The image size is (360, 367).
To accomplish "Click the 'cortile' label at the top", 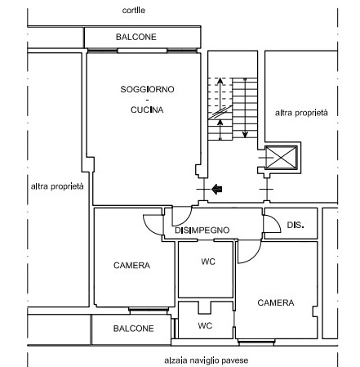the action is (x=133, y=11).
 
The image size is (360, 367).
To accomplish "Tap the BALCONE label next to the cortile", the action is (x=136, y=37).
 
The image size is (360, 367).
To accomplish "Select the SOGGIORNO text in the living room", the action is (x=147, y=89).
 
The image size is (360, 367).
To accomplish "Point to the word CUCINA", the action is (x=147, y=110).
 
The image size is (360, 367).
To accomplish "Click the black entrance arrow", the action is (x=217, y=189).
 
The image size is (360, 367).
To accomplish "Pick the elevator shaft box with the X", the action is (x=281, y=158).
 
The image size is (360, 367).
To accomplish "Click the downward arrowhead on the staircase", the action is (x=245, y=134).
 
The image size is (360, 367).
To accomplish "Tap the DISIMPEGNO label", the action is (x=202, y=230).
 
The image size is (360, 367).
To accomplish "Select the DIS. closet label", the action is (x=296, y=225).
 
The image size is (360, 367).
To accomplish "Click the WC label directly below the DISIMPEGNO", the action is (x=208, y=262).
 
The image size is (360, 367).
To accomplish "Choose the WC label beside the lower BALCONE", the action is (x=205, y=325).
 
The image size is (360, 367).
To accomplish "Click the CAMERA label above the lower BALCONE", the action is (x=131, y=265).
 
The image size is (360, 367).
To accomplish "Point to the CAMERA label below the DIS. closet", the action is (x=276, y=302).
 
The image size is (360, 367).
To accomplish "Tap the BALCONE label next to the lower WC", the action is (x=134, y=329).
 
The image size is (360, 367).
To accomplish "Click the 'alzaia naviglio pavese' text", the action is (x=207, y=360).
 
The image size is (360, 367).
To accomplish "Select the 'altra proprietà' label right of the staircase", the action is (x=301, y=113).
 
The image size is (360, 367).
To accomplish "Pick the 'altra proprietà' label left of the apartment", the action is (x=57, y=186).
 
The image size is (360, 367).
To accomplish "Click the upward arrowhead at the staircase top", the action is (x=220, y=81).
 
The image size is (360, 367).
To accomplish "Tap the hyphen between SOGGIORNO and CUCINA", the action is (x=147, y=100).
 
